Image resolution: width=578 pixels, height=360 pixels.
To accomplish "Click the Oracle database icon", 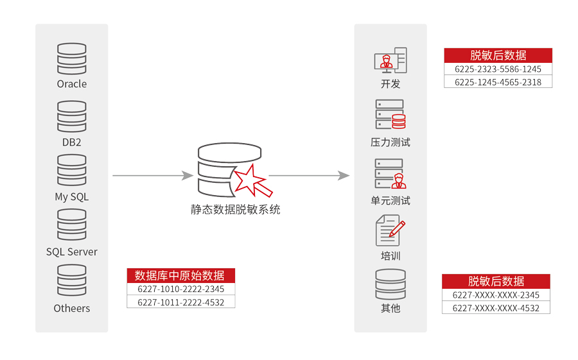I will click(x=71, y=58).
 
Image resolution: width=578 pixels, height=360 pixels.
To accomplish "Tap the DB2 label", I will click(x=71, y=142).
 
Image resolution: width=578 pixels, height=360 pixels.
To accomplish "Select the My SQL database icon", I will click(x=71, y=170).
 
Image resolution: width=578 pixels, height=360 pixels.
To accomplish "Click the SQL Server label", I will click(x=71, y=252).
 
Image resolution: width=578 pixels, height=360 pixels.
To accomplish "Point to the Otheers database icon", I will click(x=71, y=280).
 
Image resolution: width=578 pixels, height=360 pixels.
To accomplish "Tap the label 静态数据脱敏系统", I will click(x=235, y=210).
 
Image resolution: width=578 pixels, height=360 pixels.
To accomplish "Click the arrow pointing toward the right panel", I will click(x=309, y=175).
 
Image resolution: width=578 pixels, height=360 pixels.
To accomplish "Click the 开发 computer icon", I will click(x=390, y=60).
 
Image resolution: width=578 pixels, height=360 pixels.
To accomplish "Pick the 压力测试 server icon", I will click(x=390, y=115).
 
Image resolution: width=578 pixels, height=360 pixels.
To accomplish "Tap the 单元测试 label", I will click(x=390, y=201).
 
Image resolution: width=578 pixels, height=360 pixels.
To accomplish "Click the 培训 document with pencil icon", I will click(x=390, y=230).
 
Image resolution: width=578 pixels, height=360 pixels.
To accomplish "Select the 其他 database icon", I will click(x=390, y=285).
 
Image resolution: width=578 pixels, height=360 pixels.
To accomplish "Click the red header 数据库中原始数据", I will click(x=180, y=276).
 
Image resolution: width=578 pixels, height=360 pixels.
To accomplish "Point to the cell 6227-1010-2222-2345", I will click(x=180, y=289).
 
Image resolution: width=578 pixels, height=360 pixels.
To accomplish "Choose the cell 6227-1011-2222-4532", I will click(x=180, y=302).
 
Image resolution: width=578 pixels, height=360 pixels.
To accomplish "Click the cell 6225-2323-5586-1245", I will click(x=498, y=69).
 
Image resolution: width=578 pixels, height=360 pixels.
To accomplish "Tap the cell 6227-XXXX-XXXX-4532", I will click(x=496, y=308).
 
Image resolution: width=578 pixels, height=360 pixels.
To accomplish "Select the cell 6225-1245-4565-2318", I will click(x=498, y=82).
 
